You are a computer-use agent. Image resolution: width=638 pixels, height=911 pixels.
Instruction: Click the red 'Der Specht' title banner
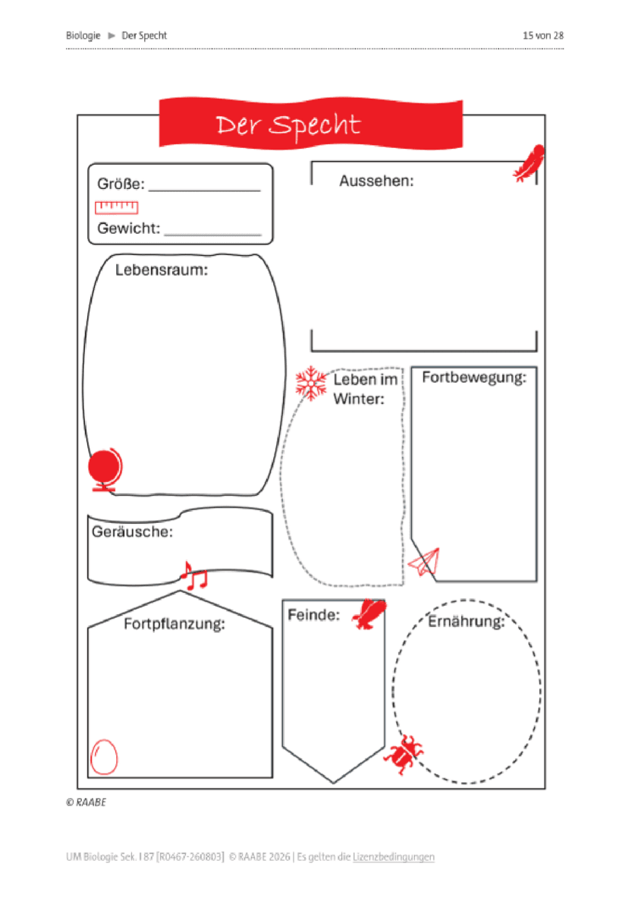click(311, 123)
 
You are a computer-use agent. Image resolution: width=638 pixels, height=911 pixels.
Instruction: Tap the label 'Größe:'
click(121, 184)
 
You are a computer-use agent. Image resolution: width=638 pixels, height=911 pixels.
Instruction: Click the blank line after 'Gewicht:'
click(212, 235)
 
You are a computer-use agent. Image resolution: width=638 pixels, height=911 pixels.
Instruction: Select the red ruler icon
click(116, 207)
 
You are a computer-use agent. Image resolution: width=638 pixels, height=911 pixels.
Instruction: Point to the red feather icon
click(528, 163)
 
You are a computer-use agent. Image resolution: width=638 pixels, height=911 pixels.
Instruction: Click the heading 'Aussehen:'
click(376, 181)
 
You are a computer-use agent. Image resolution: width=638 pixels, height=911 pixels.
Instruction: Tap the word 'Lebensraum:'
click(162, 270)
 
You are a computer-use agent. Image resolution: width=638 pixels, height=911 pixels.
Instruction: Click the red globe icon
click(105, 470)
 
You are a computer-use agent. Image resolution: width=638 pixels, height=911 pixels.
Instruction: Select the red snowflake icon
click(311, 383)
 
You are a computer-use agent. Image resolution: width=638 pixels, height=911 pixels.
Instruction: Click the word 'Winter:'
click(358, 399)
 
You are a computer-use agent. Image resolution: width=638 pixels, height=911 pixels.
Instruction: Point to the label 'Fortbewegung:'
click(474, 377)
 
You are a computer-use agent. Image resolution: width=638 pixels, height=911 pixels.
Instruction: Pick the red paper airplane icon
click(424, 562)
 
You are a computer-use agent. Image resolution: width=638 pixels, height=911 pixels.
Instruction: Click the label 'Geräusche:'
click(132, 531)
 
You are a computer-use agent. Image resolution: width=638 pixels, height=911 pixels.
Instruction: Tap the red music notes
click(194, 575)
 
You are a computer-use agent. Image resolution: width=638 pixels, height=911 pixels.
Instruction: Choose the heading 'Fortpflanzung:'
click(174, 623)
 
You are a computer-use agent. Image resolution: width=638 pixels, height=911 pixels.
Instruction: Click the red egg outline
click(104, 756)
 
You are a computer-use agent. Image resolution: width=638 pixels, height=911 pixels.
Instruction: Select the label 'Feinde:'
click(313, 614)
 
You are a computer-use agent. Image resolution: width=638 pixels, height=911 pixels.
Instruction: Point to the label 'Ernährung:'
click(466, 622)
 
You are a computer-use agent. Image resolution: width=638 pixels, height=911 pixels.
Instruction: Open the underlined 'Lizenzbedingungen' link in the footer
click(394, 857)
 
